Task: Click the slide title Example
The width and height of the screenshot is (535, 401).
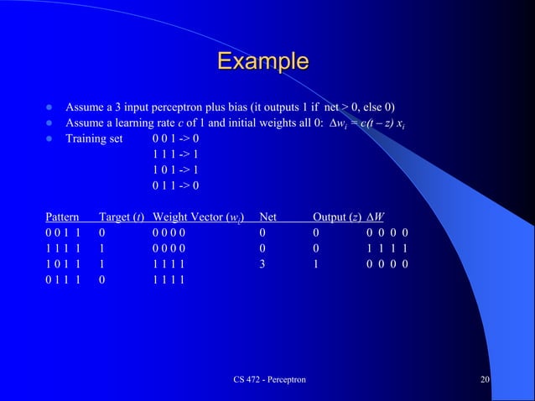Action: tap(262, 61)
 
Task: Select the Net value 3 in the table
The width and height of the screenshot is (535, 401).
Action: tap(262, 263)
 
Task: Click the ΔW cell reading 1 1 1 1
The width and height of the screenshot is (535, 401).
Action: tap(388, 247)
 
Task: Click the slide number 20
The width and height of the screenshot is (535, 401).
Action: tap(485, 380)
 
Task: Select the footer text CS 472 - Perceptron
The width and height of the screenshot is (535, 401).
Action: tap(269, 380)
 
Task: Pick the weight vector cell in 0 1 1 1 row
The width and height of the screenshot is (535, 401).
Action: tap(169, 279)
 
